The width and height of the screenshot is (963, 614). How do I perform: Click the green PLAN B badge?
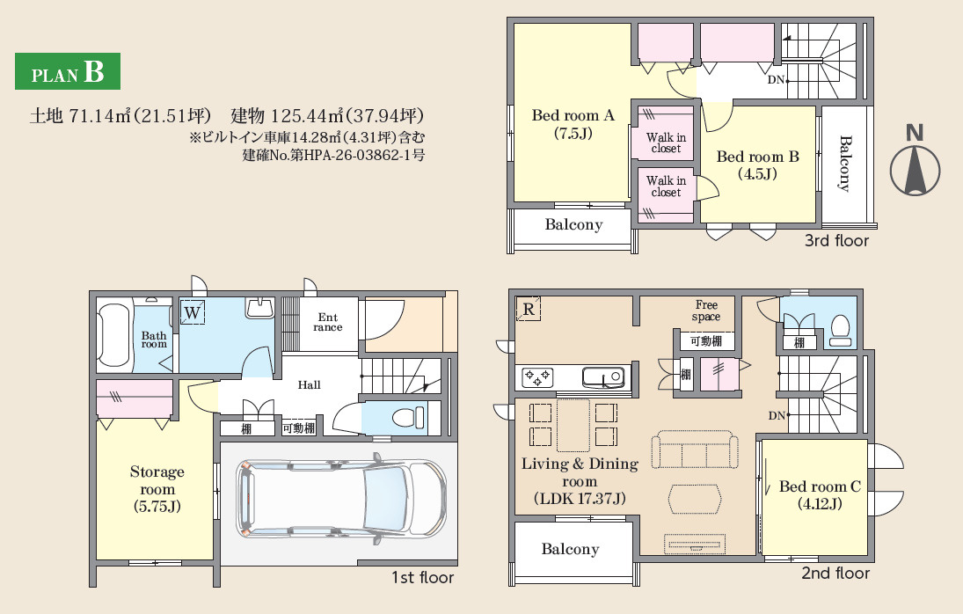coord(68,71)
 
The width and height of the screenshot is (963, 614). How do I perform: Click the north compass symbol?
coord(915,161)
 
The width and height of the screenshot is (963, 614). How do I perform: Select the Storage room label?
coord(157,489)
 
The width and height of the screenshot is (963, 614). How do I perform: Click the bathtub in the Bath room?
coord(113,336)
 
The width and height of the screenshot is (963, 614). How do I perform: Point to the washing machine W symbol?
coord(193,312)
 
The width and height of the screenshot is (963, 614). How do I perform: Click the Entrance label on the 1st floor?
coord(328,322)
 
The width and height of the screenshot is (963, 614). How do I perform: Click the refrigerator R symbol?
coord(529,309)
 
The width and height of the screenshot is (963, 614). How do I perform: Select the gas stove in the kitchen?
coord(537,377)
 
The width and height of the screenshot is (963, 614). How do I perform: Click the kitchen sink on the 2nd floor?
coord(603,377)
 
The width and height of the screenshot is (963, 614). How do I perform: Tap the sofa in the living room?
coord(695,450)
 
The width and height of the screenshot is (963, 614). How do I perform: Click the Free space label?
coord(706,311)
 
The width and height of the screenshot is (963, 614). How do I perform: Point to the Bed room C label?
coord(820,495)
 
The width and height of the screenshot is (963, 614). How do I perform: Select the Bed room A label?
coord(573,124)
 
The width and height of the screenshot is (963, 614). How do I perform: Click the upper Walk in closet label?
coord(666,143)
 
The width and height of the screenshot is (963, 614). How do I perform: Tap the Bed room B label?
coord(758,165)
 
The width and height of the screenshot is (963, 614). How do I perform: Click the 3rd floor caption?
coord(836,241)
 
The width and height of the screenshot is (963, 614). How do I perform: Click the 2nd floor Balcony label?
coord(570,549)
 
